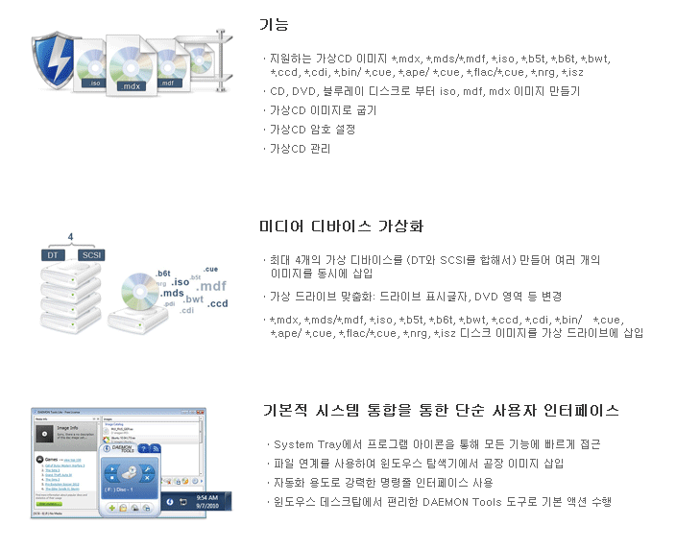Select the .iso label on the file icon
coord(94,84)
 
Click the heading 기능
coord(274,24)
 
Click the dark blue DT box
coord(53,255)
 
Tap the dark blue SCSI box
coord(92,255)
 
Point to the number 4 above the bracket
coord(70,236)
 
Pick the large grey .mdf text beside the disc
coord(211,285)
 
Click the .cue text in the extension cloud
coord(210,269)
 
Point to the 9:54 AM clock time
coord(206,497)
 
